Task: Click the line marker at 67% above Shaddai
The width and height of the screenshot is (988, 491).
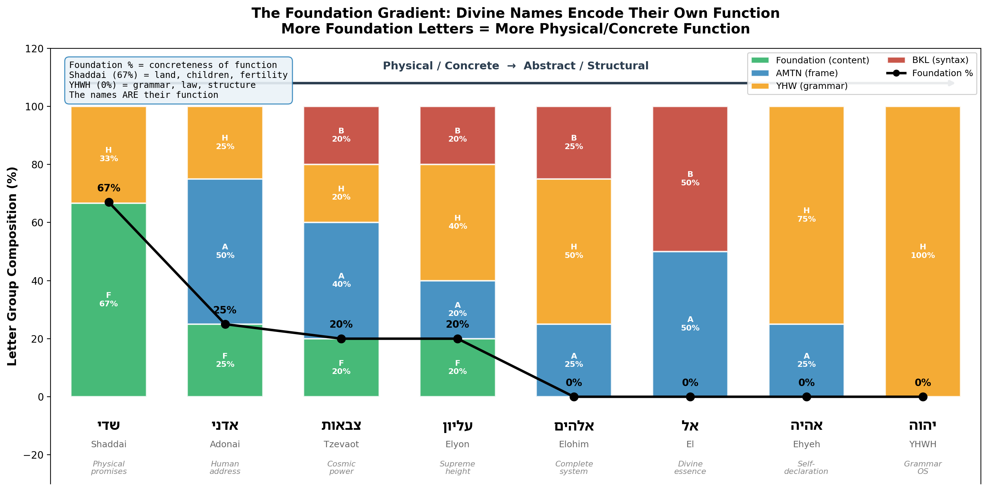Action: click(109, 202)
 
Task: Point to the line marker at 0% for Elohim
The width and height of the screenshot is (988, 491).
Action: click(574, 397)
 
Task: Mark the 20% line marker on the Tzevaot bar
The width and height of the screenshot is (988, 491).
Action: click(341, 339)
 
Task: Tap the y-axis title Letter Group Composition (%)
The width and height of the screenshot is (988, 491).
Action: click(12, 266)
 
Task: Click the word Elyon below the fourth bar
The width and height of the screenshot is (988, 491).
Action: click(457, 444)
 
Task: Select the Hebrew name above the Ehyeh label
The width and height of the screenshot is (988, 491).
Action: click(806, 426)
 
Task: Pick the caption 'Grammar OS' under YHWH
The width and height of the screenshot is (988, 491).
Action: click(923, 468)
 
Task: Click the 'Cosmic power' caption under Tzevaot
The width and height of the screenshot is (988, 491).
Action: click(341, 468)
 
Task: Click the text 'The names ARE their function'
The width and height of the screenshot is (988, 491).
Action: click(143, 95)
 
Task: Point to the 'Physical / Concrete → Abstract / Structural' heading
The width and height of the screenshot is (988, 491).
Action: click(516, 65)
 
